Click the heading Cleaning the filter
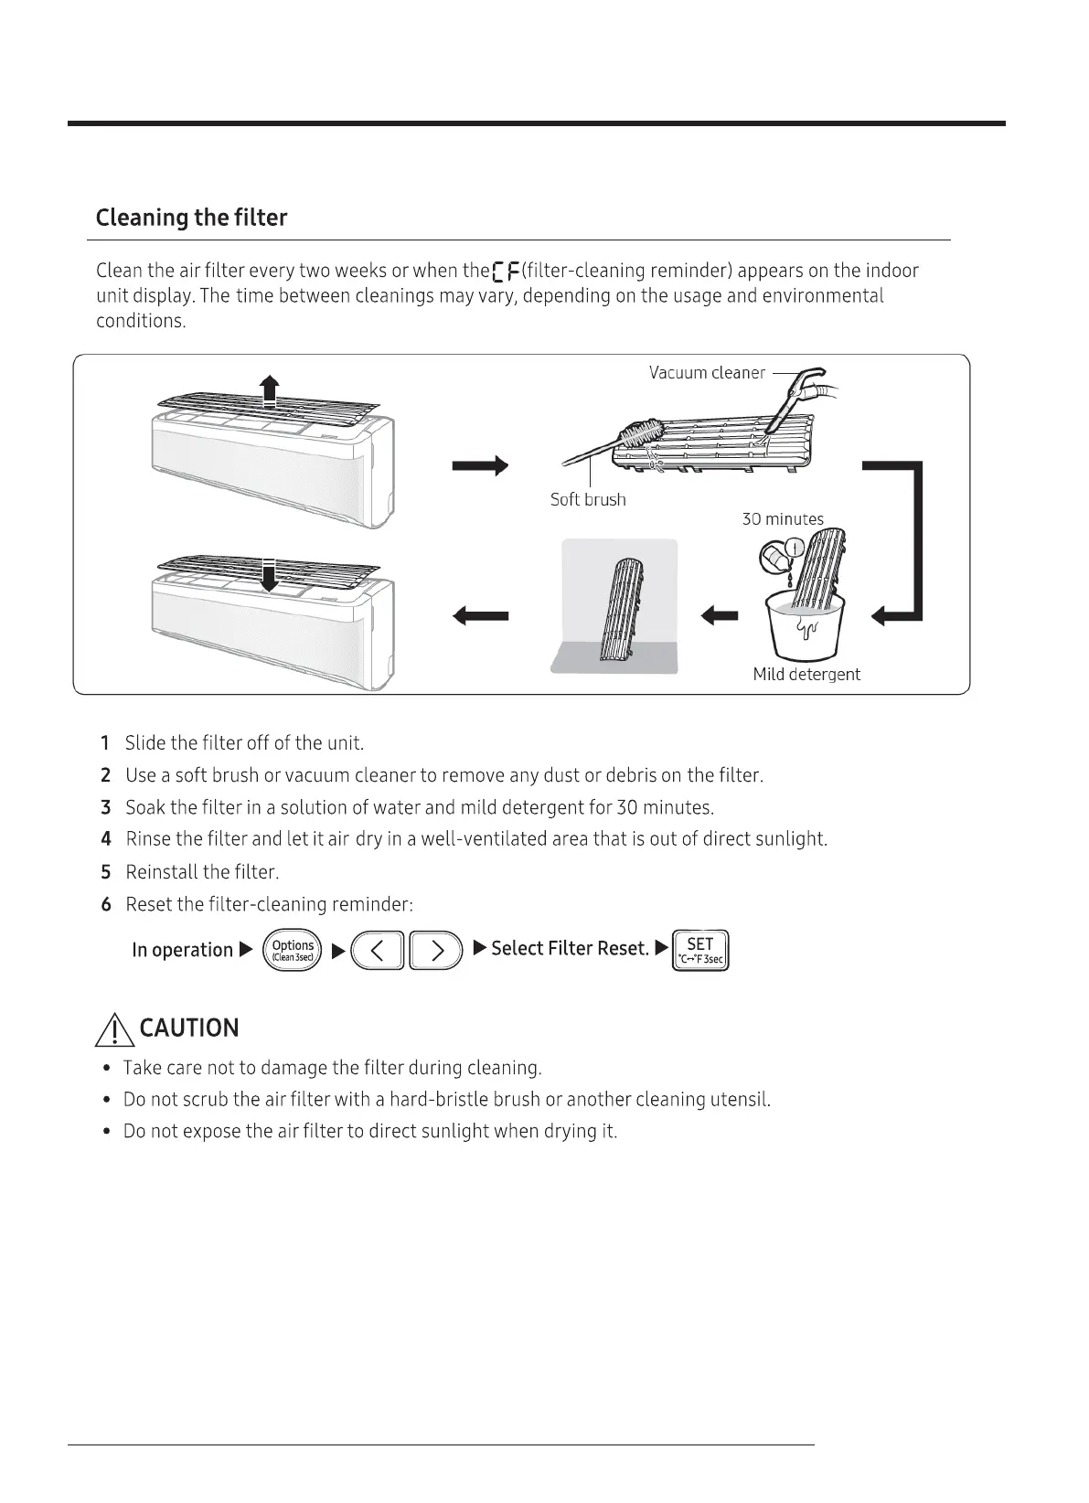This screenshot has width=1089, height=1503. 191,218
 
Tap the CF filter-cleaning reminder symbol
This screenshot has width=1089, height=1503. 506,272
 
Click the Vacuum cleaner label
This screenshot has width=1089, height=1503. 706,373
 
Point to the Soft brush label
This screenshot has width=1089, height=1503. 588,499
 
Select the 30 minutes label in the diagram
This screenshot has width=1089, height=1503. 783,519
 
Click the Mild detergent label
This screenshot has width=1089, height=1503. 806,675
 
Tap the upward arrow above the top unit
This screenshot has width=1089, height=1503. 268,389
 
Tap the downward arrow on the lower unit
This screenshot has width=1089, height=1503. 268,575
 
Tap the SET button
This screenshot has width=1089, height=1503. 700,951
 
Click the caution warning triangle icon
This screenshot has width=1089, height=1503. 114,1030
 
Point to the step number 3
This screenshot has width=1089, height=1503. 106,808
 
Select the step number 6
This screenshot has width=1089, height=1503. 106,905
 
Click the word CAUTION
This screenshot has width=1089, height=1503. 189,1029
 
